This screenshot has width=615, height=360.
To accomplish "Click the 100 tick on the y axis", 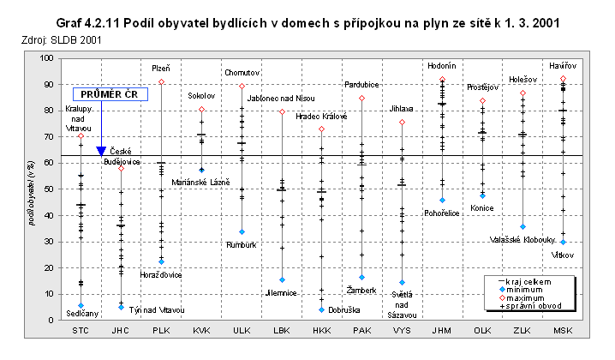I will click(x=45, y=58).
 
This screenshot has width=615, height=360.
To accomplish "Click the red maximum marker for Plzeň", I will click(x=161, y=82).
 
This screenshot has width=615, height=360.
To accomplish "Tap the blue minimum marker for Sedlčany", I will click(x=81, y=305).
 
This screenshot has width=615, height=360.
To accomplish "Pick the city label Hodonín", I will click(x=442, y=66).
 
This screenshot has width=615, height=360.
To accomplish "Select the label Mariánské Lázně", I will click(x=201, y=182).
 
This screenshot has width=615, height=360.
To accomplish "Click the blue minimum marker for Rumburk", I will click(x=242, y=231).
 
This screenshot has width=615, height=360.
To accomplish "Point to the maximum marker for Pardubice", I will click(x=362, y=99).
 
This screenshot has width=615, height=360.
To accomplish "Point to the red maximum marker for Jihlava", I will click(x=403, y=123).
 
